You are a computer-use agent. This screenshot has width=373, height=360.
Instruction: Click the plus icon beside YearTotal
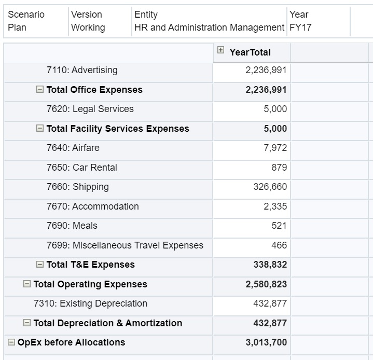coord(221,51)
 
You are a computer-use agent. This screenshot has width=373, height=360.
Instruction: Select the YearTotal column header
coord(250,52)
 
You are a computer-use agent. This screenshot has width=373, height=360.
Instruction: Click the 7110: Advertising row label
coord(82,70)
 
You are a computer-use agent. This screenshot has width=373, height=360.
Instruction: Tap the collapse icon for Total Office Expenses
coord(40,90)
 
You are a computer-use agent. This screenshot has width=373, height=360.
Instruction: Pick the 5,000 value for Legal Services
coord(275,109)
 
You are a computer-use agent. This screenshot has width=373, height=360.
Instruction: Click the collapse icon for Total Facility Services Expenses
coord(40,129)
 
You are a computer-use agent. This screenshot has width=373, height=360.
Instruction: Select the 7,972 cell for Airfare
coord(275,148)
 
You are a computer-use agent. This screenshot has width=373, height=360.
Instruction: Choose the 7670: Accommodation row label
coord(93,206)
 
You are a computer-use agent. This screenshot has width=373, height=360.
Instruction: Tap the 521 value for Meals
coord(279,226)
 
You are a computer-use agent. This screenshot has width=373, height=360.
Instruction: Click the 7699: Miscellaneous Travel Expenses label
coord(125,245)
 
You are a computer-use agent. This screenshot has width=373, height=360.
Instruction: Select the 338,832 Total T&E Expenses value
coord(270,265)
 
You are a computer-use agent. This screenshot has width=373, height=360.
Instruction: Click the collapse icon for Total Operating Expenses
coord(27,284)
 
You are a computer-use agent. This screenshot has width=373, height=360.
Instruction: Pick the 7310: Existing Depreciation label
coord(90,303)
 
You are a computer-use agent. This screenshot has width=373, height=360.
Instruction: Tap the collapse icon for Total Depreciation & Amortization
coord(27,323)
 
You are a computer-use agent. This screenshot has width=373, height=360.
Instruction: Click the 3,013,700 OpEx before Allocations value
coord(266,342)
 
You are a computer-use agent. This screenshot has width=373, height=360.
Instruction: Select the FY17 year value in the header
coord(300,27)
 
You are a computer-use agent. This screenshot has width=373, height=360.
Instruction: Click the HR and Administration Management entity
coord(209,27)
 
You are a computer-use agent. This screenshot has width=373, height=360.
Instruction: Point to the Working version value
coord(88,27)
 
